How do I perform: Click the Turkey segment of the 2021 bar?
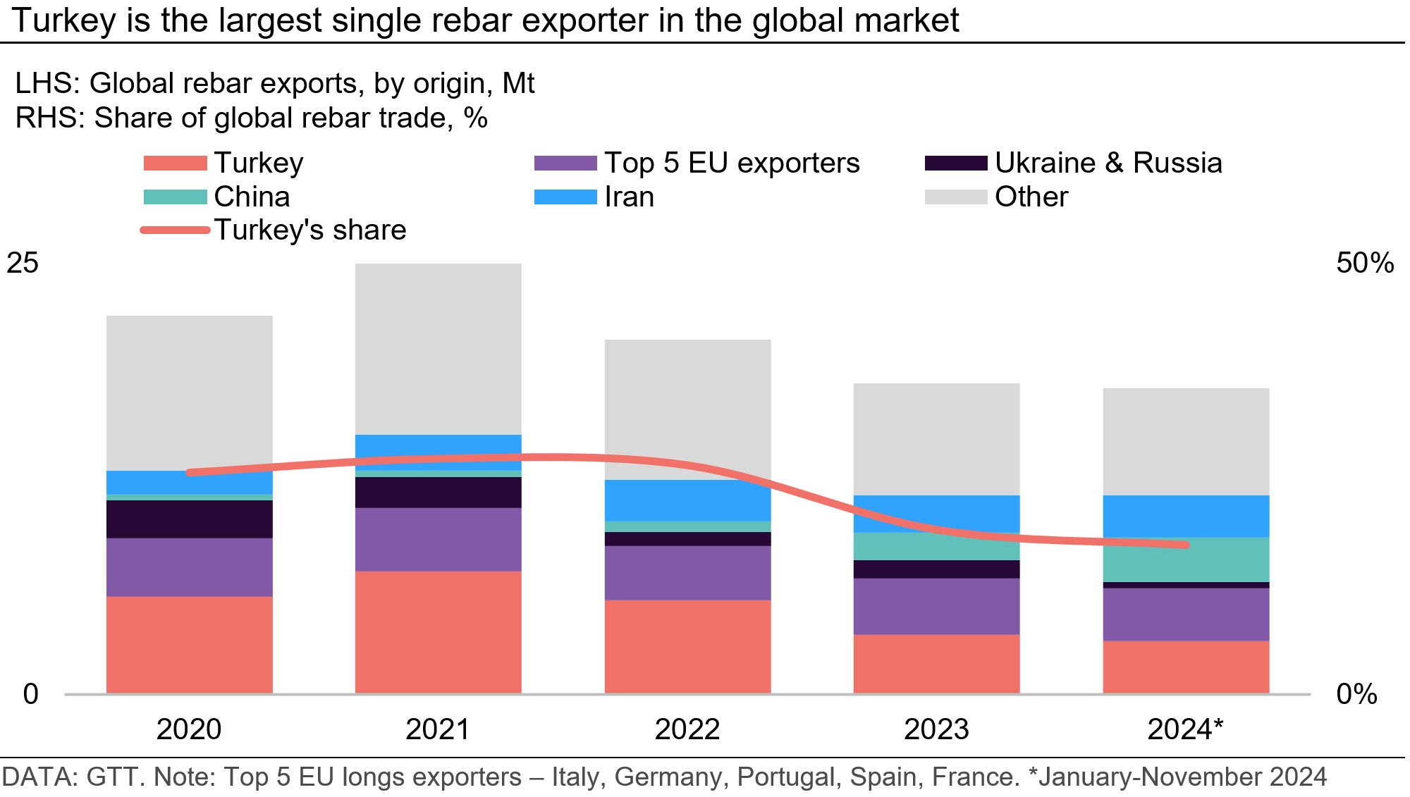coord(438,632)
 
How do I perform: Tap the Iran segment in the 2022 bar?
coord(687,500)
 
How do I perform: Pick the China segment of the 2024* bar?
coord(1186,560)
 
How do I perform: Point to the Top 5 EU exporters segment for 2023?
coord(936,606)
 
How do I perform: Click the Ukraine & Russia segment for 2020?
coord(189,519)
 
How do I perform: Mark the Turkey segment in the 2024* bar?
coord(1186,667)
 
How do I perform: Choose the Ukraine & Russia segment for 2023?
coord(936,569)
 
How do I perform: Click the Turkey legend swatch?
coord(175,163)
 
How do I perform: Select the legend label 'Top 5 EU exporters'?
coord(732,163)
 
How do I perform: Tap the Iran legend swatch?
coord(565,197)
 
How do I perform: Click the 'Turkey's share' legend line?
coord(175,230)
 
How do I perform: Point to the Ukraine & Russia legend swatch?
coord(955,163)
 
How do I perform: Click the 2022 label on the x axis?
coord(687,729)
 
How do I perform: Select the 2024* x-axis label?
coord(1185,729)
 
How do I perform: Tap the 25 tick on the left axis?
coord(23,263)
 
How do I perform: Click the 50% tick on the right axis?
coord(1364,263)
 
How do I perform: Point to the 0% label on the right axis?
coord(1356,695)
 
